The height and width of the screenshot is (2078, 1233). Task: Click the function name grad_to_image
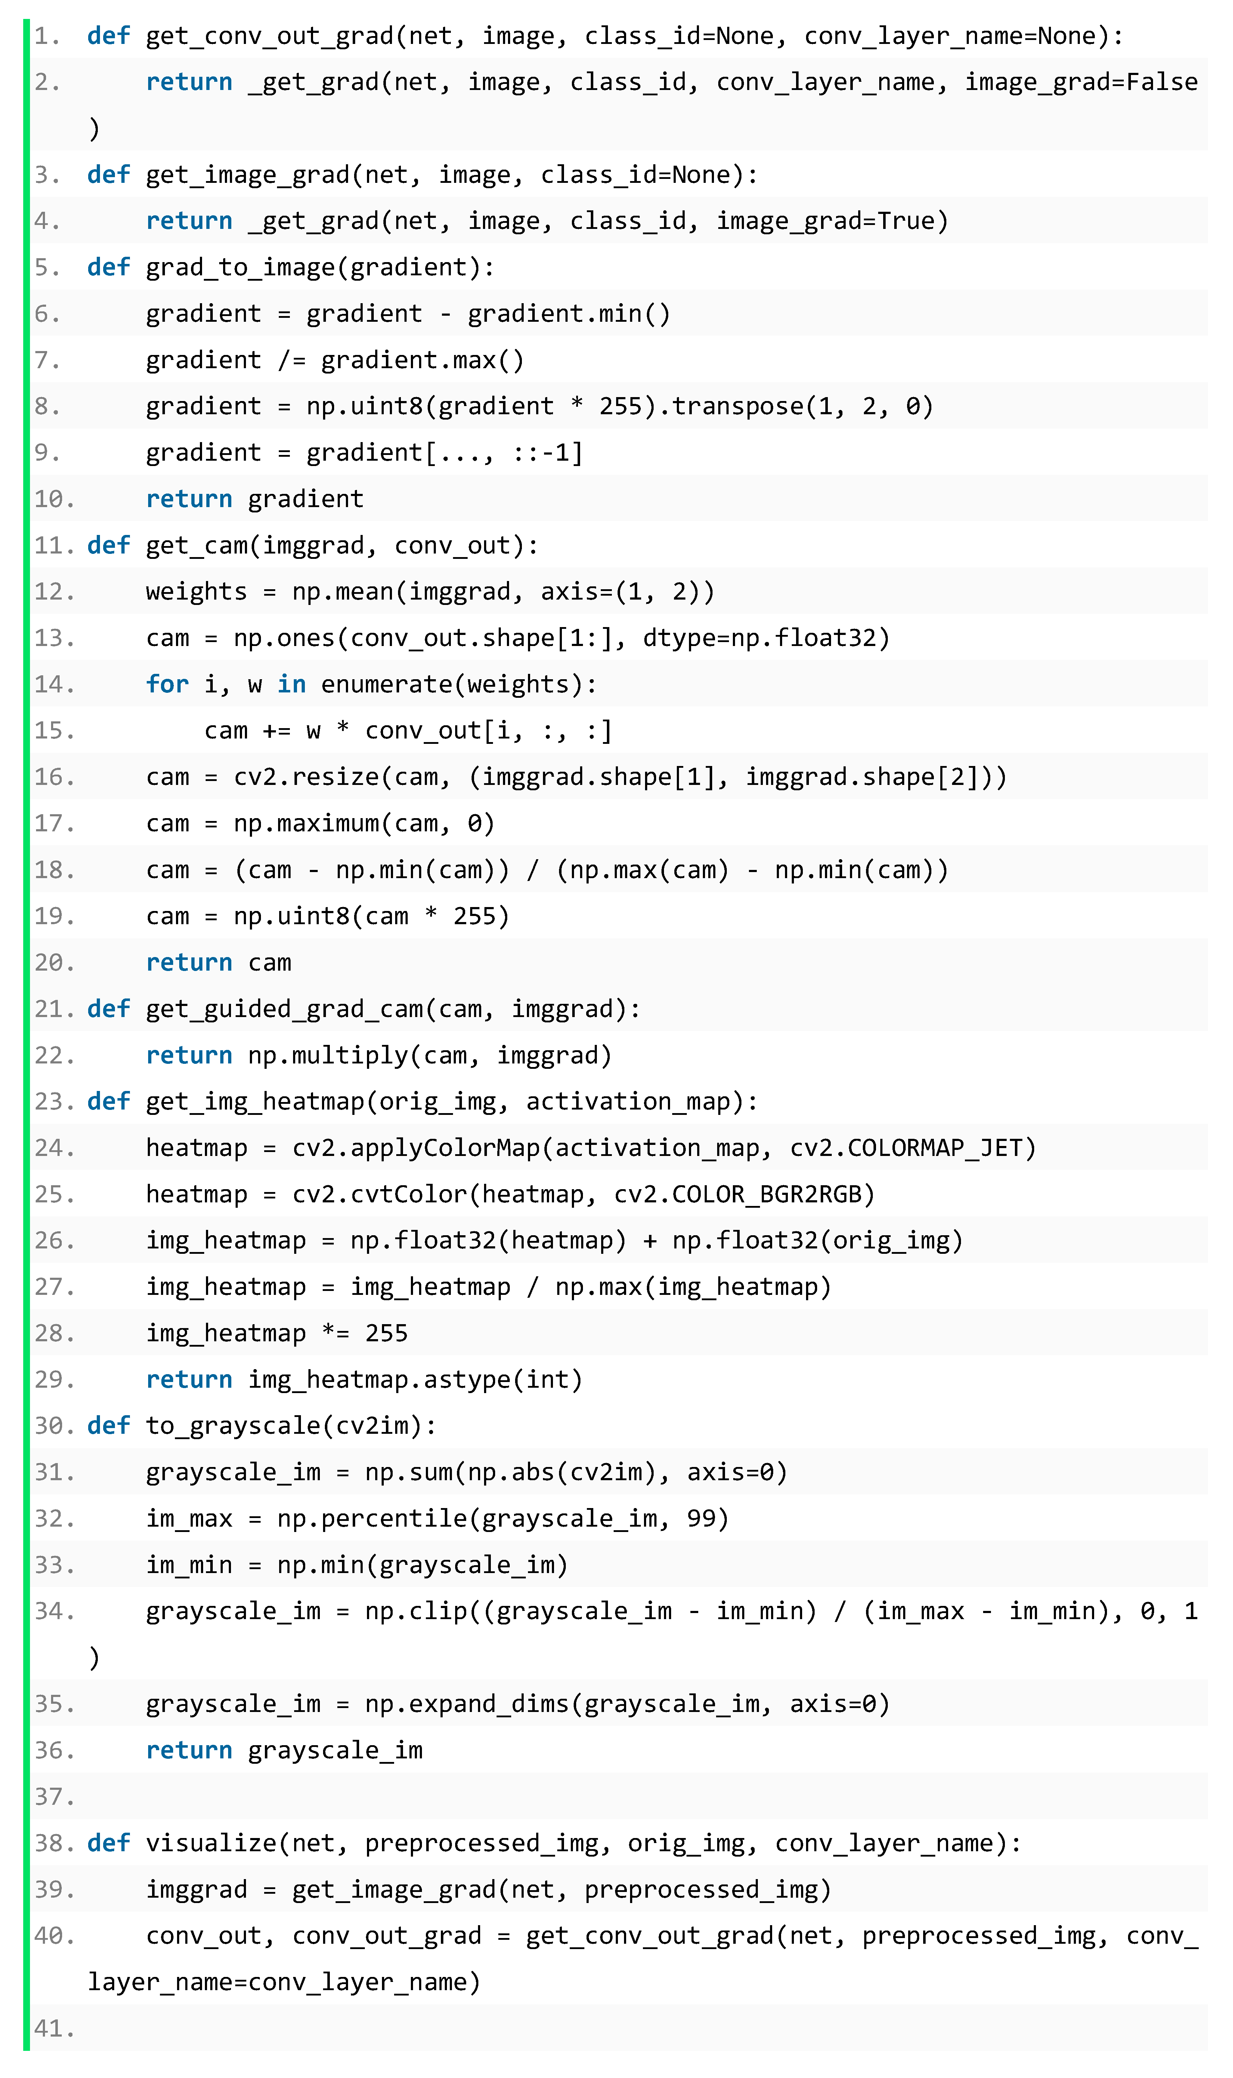tap(241, 267)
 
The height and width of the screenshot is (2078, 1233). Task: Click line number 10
tap(53, 499)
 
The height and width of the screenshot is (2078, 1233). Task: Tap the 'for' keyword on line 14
tap(167, 684)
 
